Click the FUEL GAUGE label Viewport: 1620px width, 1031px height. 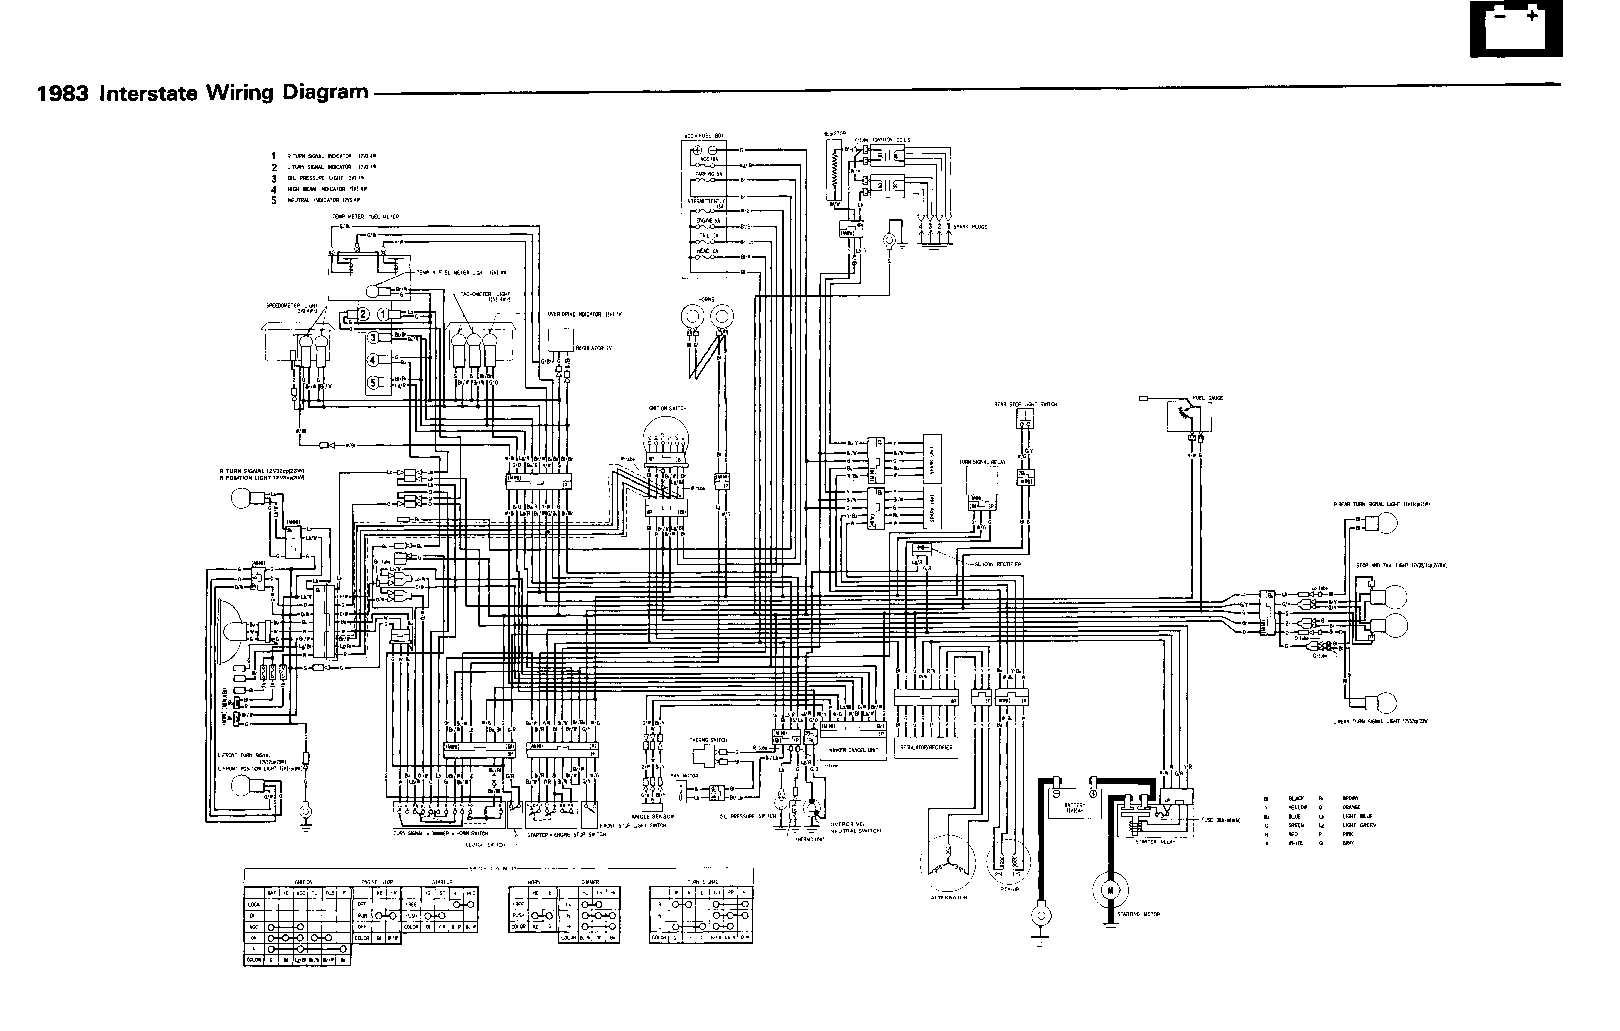[1208, 398]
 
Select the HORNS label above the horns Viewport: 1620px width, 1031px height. [706, 299]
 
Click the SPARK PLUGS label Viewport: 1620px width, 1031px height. [970, 227]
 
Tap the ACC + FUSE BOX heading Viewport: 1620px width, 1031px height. [704, 136]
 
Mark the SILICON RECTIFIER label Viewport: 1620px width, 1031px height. [998, 565]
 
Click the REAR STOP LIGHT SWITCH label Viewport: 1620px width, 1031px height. [1025, 404]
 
